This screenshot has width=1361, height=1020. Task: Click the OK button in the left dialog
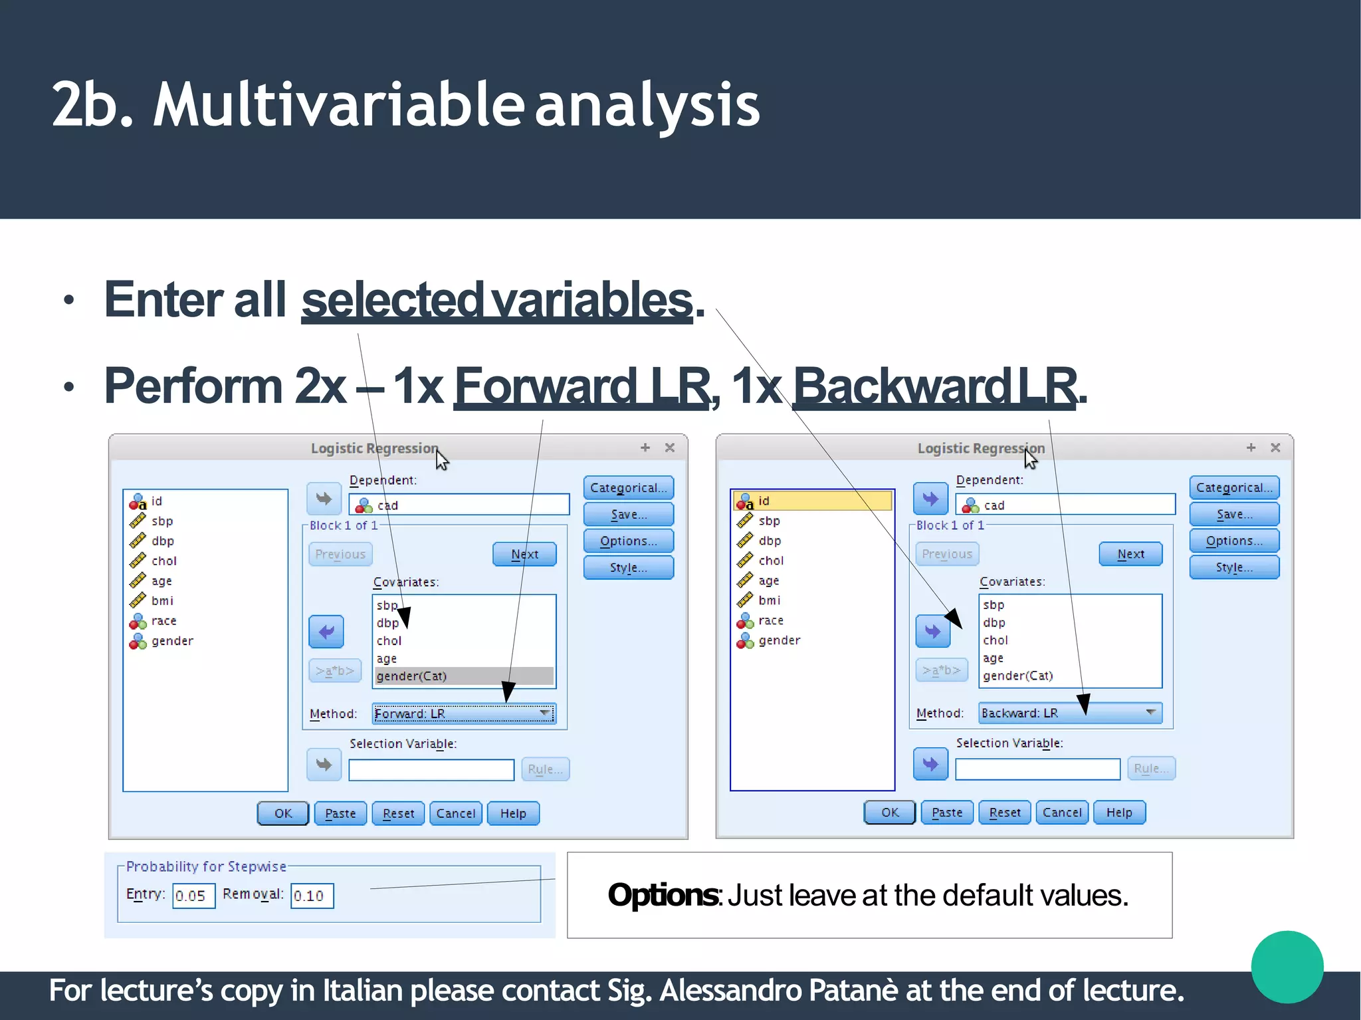click(x=282, y=813)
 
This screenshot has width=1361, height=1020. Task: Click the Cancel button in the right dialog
click(x=1061, y=813)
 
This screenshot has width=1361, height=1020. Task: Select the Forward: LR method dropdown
click(x=463, y=713)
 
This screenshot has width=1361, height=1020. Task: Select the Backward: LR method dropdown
click(x=1070, y=713)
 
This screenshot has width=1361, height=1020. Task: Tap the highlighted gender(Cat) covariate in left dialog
click(x=463, y=676)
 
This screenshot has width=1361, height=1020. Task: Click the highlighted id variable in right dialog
click(x=812, y=501)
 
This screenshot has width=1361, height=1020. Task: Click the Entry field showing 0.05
click(x=193, y=896)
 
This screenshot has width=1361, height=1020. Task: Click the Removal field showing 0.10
click(x=311, y=896)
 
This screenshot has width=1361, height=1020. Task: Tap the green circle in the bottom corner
click(x=1287, y=966)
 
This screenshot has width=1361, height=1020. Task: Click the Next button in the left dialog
click(x=524, y=554)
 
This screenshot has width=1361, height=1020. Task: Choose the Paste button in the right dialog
click(x=946, y=813)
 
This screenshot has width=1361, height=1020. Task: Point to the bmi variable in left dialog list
click(x=162, y=601)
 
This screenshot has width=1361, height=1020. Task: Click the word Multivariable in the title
click(x=338, y=104)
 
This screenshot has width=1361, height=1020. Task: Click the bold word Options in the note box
click(x=663, y=895)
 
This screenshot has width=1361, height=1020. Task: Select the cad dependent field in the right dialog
click(x=1065, y=505)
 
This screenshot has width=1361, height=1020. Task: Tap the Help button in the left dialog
click(x=513, y=813)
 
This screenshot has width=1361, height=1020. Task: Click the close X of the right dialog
click(x=1275, y=447)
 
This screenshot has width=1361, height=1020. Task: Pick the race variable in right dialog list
click(x=770, y=620)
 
